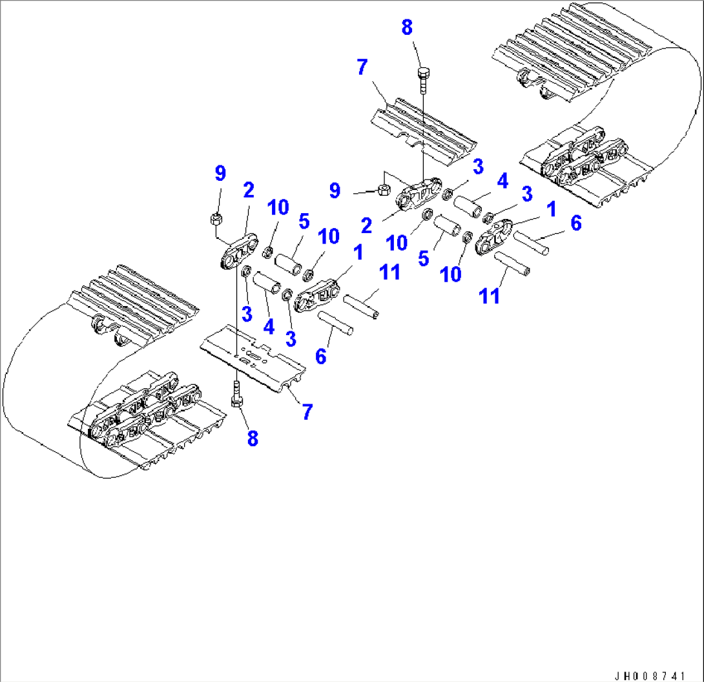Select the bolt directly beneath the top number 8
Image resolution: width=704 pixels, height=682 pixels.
point(424,77)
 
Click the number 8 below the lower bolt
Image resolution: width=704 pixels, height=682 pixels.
point(253,439)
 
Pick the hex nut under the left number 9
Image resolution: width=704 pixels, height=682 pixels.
point(216,219)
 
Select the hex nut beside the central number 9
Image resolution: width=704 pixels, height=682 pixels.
point(382,189)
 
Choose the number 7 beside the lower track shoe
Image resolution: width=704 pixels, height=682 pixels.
point(307,411)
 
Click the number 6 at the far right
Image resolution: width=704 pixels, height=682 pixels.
point(575,223)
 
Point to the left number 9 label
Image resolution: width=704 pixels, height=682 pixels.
point(220,173)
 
